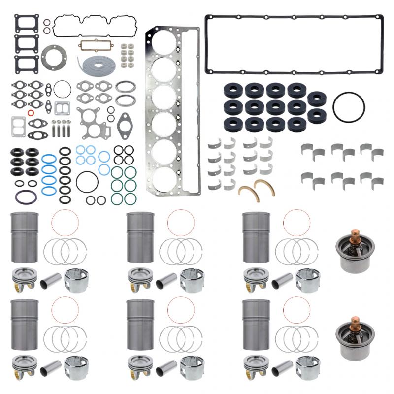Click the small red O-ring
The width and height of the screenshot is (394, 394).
31,112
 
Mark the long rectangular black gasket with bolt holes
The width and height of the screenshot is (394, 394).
294,45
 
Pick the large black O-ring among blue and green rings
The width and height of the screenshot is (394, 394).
87,181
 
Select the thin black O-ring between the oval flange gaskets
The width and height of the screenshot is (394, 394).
62,89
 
